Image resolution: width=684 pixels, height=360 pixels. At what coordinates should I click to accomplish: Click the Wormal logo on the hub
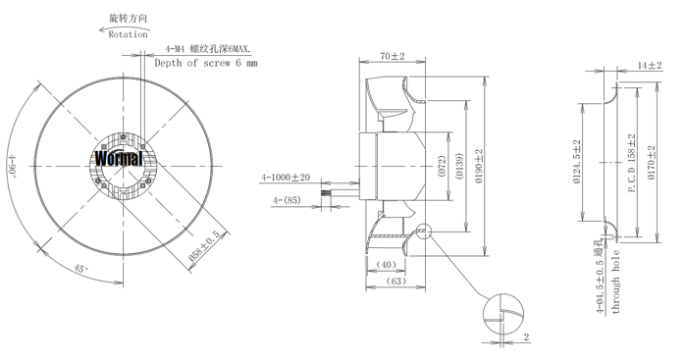[119, 158]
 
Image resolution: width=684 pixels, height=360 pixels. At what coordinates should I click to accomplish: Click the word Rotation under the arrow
[128, 34]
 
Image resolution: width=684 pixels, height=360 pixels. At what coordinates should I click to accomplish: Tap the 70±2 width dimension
[393, 56]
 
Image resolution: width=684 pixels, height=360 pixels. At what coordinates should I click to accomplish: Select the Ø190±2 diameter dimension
[480, 166]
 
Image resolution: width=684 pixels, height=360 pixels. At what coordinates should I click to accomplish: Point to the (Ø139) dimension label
[458, 166]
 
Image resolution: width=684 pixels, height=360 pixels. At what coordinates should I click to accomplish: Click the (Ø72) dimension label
[442, 166]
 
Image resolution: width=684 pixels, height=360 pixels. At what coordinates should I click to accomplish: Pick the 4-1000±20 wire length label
[286, 178]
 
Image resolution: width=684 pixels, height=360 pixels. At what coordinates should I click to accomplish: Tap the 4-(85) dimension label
[287, 200]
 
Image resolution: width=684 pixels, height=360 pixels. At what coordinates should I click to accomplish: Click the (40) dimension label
[386, 265]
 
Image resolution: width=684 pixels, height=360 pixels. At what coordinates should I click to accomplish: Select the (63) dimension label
[396, 282]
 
